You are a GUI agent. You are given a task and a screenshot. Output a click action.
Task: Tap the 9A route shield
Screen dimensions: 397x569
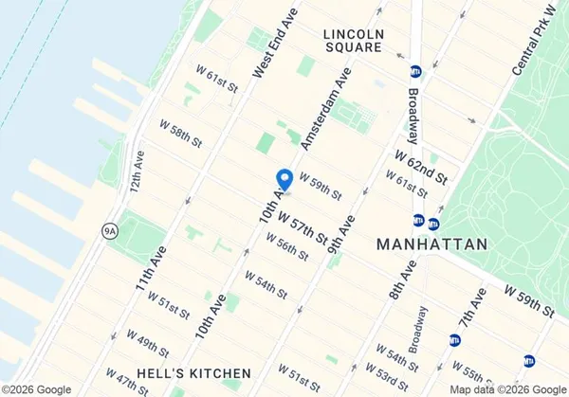[109, 229]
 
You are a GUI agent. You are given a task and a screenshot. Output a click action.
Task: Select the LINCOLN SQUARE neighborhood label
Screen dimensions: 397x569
[353, 40]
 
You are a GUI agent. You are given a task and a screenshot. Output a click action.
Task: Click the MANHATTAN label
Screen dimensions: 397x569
[432, 244]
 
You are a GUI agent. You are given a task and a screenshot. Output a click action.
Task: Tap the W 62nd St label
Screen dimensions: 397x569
[420, 163]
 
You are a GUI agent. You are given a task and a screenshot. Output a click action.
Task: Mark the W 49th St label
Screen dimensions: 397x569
[147, 344]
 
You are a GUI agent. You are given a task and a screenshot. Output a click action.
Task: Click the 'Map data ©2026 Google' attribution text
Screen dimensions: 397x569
[506, 389]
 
